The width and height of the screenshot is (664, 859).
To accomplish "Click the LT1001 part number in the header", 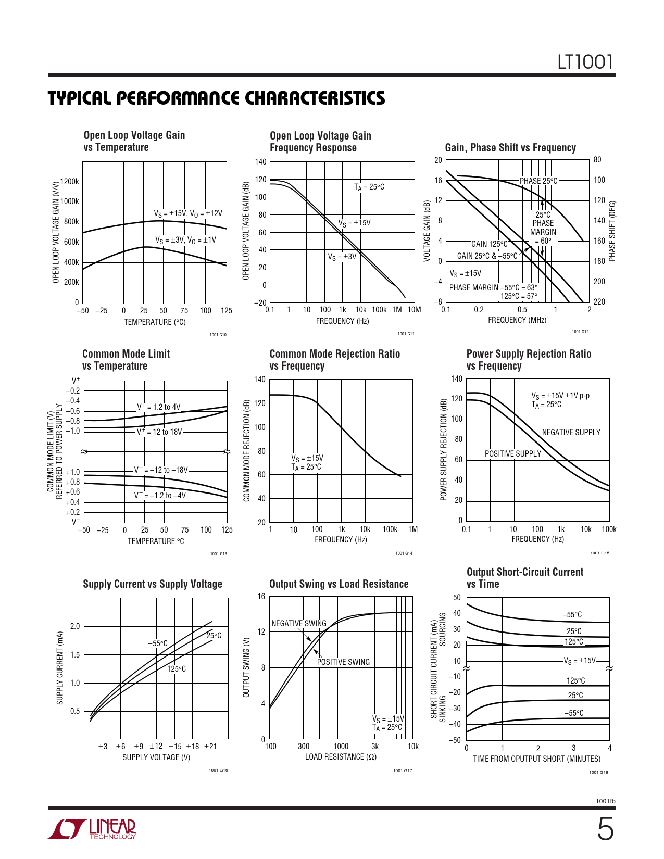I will point(585,62).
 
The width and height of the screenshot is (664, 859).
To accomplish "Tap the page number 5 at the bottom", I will point(605,829).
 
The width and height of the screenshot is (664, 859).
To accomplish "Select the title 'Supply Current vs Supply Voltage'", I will point(153,584).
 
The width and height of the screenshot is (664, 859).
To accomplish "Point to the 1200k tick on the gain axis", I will point(70,182).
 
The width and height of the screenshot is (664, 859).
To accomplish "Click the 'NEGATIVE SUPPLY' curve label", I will point(571,433).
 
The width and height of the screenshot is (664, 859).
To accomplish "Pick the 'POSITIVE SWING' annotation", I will point(343,662).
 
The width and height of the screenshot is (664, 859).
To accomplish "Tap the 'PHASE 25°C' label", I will point(538,181).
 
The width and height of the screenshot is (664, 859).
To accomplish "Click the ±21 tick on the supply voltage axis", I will point(210,747).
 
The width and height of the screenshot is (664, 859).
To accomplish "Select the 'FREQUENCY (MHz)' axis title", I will point(517,320).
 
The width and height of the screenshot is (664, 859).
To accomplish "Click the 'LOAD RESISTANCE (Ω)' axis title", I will point(341,757).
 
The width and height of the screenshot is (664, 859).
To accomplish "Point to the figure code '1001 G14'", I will point(404,553).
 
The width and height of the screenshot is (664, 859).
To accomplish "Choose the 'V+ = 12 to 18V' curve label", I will point(160,432).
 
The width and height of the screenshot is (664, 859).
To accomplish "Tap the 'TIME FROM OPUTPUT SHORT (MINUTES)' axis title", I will point(536,759).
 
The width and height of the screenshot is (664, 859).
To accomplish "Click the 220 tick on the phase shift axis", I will point(599,302).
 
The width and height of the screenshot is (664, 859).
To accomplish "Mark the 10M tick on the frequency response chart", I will point(414,310).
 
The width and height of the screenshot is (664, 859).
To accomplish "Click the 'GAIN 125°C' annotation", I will point(490,244).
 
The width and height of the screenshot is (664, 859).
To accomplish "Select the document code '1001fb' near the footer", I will point(605,801).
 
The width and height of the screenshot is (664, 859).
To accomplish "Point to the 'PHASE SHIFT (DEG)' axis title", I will point(612,231).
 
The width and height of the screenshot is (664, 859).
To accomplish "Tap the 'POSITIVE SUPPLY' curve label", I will point(513,454).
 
